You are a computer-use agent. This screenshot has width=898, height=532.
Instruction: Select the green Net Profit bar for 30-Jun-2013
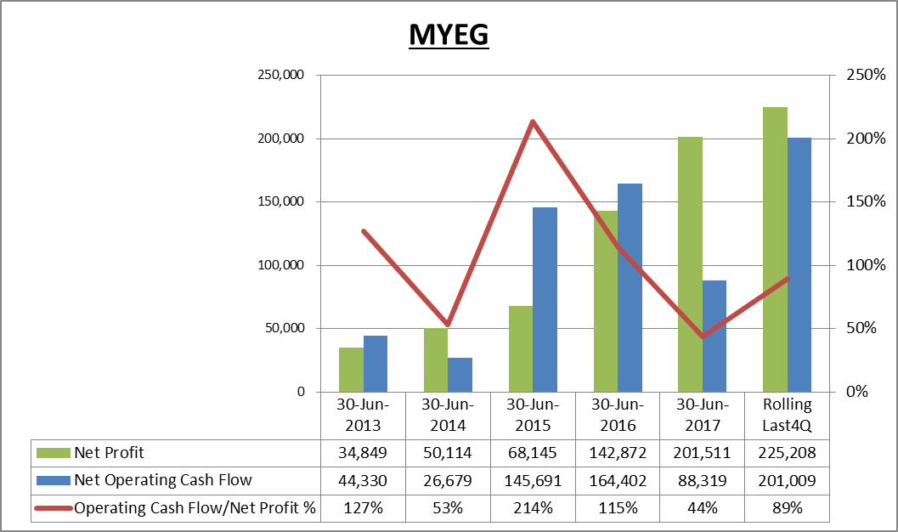pos(351,370)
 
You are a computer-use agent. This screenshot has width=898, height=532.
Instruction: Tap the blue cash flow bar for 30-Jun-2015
pos(545,299)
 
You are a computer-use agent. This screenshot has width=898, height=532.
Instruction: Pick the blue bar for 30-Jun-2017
pos(714,337)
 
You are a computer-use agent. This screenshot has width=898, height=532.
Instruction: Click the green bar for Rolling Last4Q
pos(775,249)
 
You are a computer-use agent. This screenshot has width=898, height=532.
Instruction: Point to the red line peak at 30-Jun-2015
pos(533,122)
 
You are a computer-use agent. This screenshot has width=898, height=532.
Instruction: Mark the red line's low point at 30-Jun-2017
pos(703,337)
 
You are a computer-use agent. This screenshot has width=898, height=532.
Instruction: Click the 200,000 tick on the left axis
pos(280,139)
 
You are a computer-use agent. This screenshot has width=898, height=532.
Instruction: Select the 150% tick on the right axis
pos(866,201)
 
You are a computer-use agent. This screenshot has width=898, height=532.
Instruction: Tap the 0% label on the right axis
pos(856,392)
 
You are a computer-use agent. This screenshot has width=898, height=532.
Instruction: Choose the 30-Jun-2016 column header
pos(618,416)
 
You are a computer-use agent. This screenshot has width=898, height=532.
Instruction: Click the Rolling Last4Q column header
pos(787,416)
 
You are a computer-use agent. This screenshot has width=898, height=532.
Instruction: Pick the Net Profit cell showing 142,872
pos(618,453)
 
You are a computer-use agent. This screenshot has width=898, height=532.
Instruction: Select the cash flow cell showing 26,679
pos(447,480)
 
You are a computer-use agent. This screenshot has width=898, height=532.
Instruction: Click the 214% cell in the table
pos(533,508)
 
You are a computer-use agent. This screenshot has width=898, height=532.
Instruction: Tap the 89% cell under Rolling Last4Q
pos(787,508)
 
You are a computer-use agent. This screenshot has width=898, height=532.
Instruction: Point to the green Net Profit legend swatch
pos(54,453)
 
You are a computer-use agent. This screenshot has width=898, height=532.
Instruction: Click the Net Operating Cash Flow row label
pos(162,480)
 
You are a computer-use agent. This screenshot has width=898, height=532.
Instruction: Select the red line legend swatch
pos(54,508)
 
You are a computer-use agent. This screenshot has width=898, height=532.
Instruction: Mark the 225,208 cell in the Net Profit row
pos(787,453)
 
